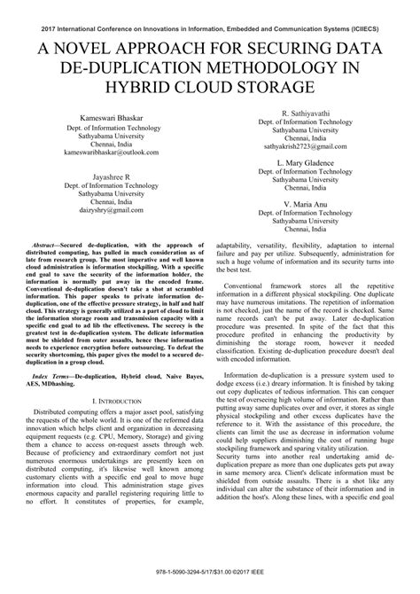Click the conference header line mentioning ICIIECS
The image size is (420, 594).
(210, 29)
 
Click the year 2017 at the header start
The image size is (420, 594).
(36, 29)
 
